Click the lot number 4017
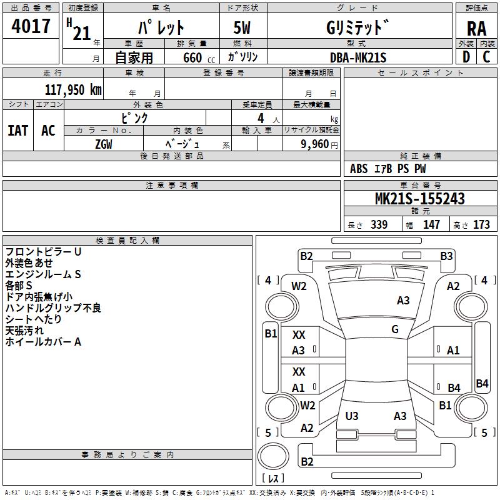tap(31, 27)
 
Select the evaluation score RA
tap(476, 29)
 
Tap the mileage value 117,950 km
tap(72, 90)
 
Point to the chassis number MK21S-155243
tap(419, 199)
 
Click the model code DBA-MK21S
tap(358, 57)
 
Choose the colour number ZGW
tap(104, 144)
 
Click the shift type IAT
tap(17, 130)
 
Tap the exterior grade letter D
tap(466, 57)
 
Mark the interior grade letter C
tap(486, 57)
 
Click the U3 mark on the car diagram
tap(352, 416)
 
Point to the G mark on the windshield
tap(395, 329)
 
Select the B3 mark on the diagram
tap(446, 256)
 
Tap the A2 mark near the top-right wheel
tap(453, 286)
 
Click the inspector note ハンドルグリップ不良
tap(53, 307)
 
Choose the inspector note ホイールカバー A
tap(43, 341)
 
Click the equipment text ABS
tap(359, 168)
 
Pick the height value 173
tap(481, 224)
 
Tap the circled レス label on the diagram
tap(273, 479)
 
